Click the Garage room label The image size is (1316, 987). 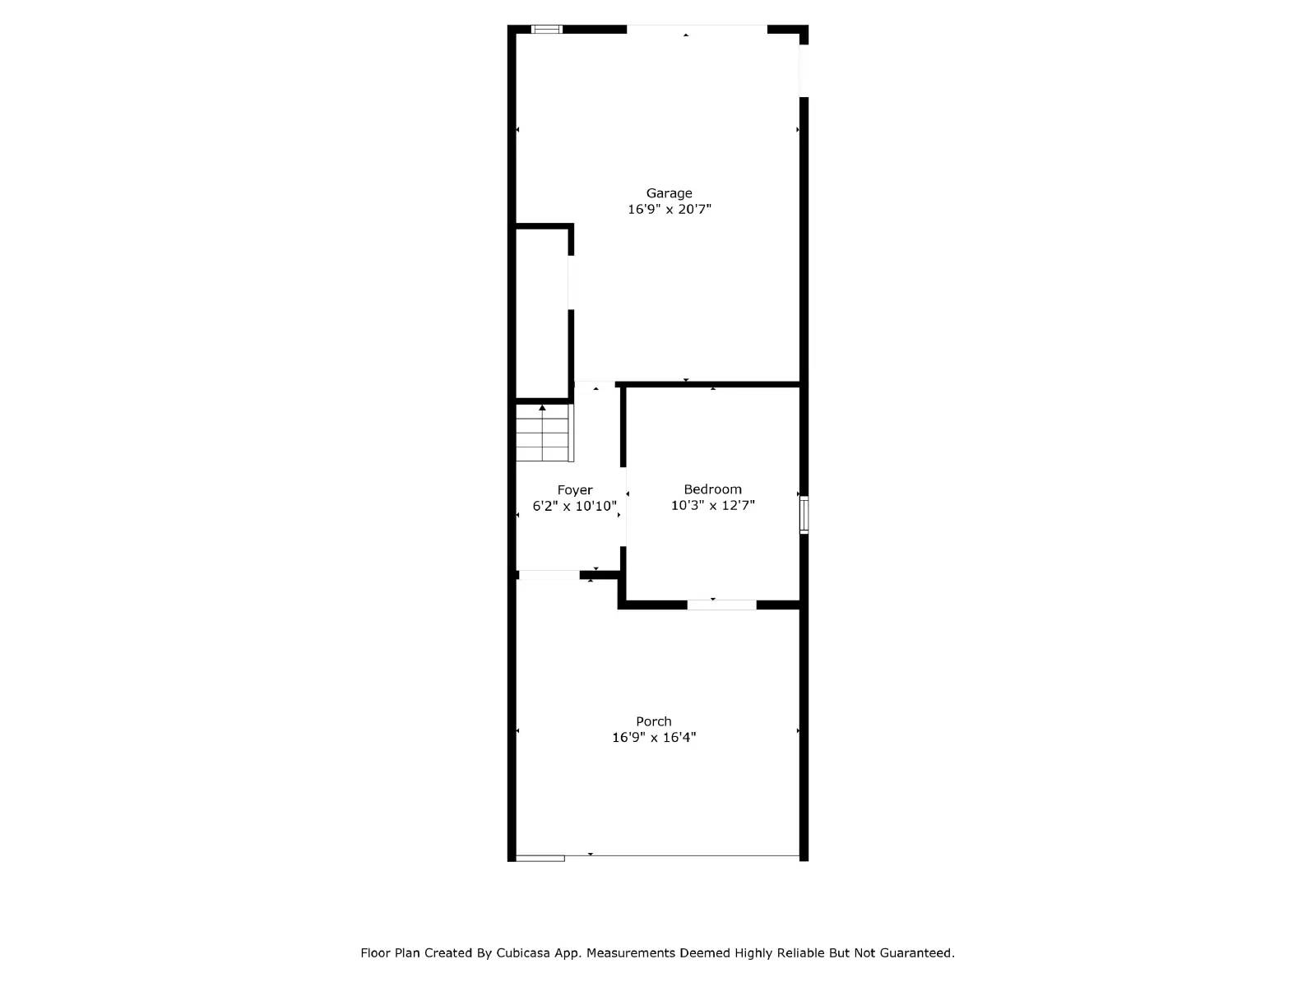[669, 194]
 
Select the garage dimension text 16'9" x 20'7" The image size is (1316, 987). [669, 210]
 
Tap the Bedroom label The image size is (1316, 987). [712, 489]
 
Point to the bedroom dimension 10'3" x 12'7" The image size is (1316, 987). [712, 506]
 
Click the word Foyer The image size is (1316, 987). [574, 490]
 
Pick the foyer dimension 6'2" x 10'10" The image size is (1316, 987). [574, 507]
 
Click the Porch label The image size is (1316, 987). [653, 722]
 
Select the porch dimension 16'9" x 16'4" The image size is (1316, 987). [653, 738]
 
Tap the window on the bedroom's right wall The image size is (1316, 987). [804, 515]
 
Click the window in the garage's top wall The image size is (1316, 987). [546, 30]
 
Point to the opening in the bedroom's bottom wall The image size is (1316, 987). [721, 605]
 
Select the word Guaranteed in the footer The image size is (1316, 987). [916, 953]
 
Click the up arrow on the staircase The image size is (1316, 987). [542, 408]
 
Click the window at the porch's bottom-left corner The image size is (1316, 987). [540, 858]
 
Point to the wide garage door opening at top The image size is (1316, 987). [697, 30]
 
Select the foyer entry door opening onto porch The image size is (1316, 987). [549, 575]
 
